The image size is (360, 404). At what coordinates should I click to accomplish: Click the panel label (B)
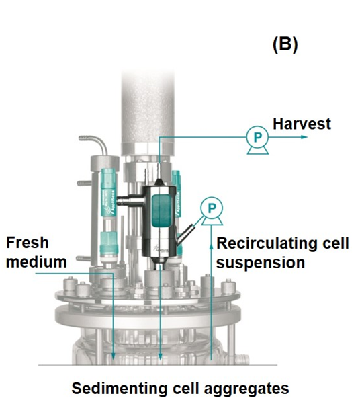tap(285, 45)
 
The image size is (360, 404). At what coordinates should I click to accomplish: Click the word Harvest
tap(302, 124)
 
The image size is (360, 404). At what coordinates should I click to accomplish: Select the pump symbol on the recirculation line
tap(211, 210)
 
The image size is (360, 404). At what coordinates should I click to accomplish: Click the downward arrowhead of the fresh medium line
tap(114, 356)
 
